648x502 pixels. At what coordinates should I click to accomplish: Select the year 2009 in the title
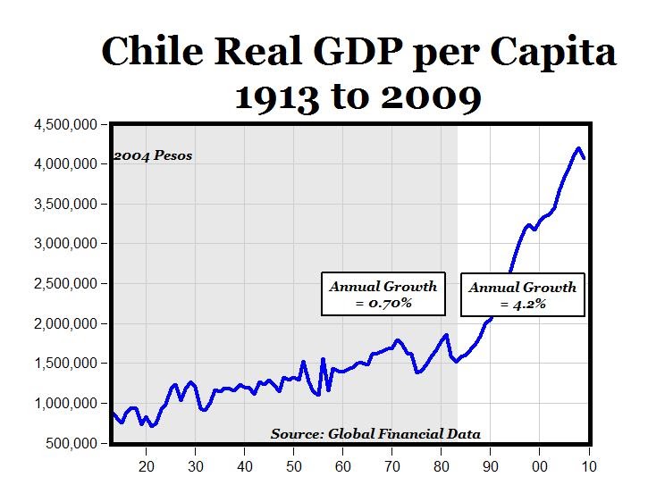[425, 97]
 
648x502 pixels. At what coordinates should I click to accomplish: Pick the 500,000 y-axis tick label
[75, 443]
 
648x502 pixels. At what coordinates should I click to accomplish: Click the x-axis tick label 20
[147, 465]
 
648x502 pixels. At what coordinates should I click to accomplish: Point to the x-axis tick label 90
[491, 465]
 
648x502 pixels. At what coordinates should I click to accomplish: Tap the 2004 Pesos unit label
[153, 156]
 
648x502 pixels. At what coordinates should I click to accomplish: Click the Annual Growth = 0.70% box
[383, 295]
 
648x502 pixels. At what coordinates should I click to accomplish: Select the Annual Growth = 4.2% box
[523, 296]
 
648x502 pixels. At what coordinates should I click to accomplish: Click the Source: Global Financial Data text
[375, 435]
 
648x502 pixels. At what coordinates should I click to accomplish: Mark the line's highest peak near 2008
[578, 148]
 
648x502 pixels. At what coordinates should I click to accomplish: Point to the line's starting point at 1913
[113, 413]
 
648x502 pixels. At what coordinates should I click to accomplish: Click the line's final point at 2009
[585, 159]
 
